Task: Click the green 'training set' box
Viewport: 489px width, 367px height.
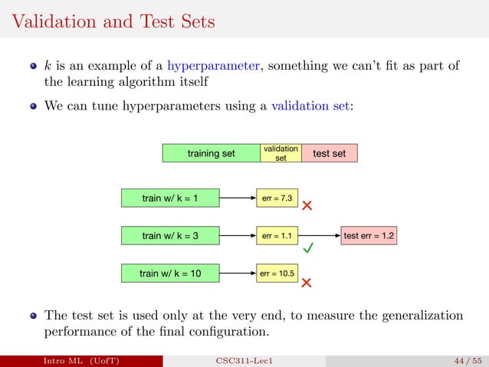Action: [211, 153]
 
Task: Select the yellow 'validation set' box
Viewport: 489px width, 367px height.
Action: [281, 153]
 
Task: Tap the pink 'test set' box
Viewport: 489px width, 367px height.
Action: [329, 153]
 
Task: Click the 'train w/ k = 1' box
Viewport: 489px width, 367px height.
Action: [170, 198]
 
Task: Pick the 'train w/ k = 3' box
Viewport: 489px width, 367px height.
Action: [170, 236]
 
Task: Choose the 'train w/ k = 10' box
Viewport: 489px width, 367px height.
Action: [170, 272]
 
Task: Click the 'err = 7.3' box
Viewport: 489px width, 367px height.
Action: [277, 198]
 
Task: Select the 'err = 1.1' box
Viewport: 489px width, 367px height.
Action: [277, 236]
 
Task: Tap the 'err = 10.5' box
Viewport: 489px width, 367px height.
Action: [277, 272]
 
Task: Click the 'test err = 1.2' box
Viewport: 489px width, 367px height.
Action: [369, 236]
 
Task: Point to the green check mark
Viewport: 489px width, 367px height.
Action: [308, 249]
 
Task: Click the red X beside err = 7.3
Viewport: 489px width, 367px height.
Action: [307, 206]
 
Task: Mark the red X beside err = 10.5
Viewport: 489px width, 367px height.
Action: [307, 283]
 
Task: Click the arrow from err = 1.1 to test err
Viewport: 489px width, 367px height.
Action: [320, 236]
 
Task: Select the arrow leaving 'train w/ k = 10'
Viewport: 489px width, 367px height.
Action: [238, 272]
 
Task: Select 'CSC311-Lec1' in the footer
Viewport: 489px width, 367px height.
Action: [244, 359]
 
